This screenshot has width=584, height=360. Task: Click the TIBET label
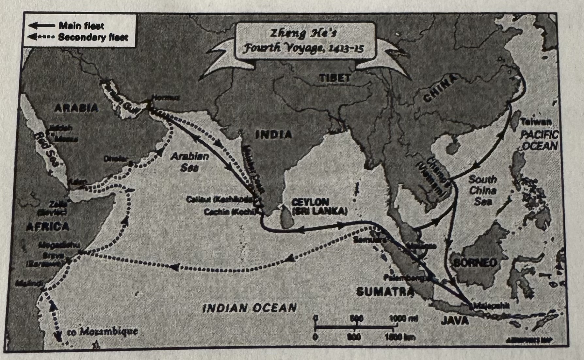click(335, 78)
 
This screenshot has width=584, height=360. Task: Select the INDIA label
click(274, 134)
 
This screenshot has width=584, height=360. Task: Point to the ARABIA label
click(76, 107)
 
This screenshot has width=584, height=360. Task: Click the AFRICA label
click(48, 226)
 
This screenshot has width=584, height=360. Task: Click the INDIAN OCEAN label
click(249, 307)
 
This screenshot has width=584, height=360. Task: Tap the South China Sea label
click(482, 190)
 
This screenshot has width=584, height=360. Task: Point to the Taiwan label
click(536, 122)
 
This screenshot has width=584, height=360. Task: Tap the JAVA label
click(455, 321)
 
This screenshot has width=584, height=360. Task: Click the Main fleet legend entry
click(81, 25)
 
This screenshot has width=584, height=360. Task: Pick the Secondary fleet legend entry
click(93, 37)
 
